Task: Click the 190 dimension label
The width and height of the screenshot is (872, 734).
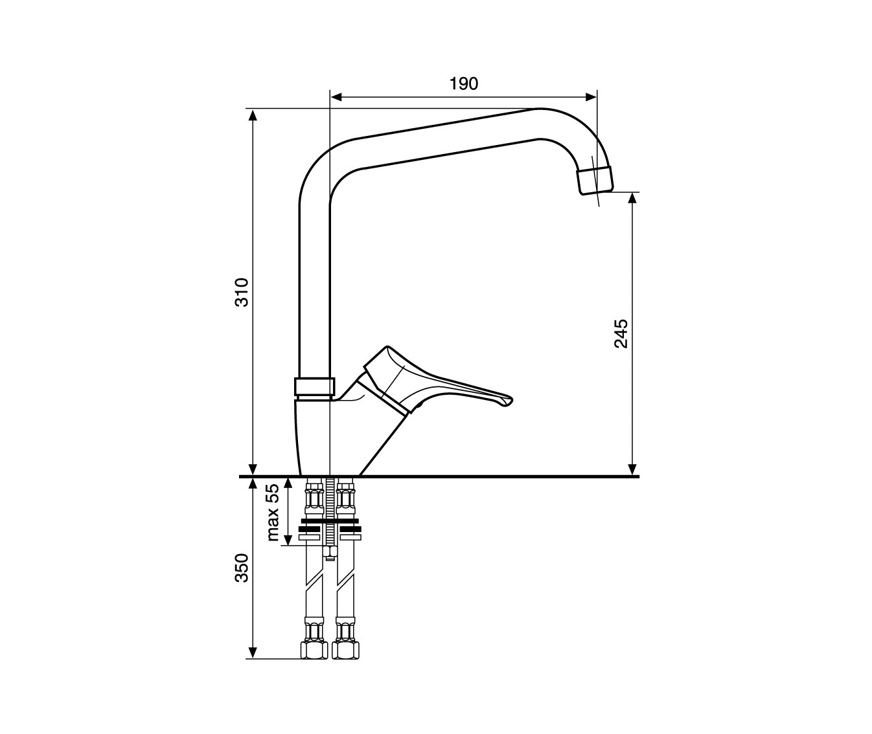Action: tap(464, 84)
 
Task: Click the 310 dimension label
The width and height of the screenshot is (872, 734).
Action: tap(242, 292)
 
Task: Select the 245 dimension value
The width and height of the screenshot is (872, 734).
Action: tap(621, 334)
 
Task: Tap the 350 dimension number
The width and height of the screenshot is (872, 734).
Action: tap(242, 568)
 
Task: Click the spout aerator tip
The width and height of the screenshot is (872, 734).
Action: tap(595, 180)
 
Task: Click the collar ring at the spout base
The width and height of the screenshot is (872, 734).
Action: tap(315, 386)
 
